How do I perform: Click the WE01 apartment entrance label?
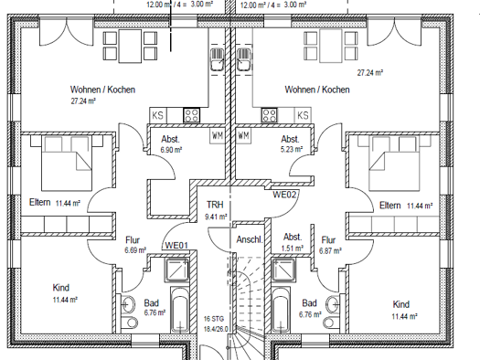click(176, 245)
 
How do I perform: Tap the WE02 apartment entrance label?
click(284, 195)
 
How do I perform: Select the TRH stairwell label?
click(215, 205)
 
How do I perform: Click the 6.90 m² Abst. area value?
click(172, 150)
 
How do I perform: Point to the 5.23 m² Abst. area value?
click(292, 149)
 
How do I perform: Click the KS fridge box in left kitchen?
click(157, 115)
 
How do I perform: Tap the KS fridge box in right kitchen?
click(303, 115)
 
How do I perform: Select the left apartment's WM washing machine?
click(218, 135)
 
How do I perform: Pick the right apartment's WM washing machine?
click(244, 135)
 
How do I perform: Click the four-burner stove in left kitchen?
click(192, 115)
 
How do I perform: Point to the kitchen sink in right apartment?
click(244, 60)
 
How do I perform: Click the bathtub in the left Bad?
click(180, 310)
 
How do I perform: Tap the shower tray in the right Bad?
click(283, 270)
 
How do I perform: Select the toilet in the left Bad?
click(130, 323)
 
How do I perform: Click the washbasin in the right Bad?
click(333, 304)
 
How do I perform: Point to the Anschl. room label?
click(250, 239)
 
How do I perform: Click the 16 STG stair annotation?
click(214, 319)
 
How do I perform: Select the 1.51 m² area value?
click(293, 248)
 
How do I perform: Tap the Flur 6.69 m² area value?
click(135, 250)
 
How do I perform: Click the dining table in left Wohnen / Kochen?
click(130, 47)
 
